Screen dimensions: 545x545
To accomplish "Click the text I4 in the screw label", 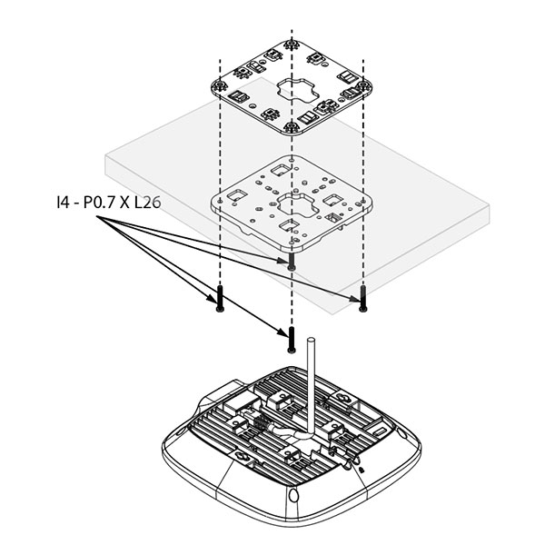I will (63, 204).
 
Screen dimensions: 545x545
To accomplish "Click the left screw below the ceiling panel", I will (220, 299).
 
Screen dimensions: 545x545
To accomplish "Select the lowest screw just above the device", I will (292, 341).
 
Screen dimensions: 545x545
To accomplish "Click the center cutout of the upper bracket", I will (291, 91).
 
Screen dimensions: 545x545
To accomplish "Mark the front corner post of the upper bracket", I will (291, 127).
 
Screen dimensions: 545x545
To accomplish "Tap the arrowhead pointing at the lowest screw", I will (282, 334).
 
